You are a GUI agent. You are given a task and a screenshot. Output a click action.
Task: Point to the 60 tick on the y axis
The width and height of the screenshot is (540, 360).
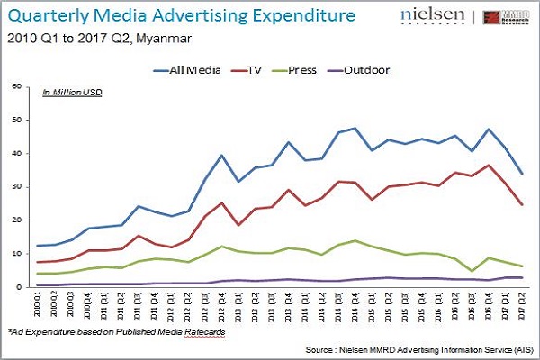14,87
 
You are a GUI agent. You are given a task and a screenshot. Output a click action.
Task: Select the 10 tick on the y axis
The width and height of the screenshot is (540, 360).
14,254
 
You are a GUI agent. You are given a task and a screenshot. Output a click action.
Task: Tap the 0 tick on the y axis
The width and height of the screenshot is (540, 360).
17,287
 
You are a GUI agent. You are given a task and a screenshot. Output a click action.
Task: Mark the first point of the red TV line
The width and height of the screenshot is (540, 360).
39,262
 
